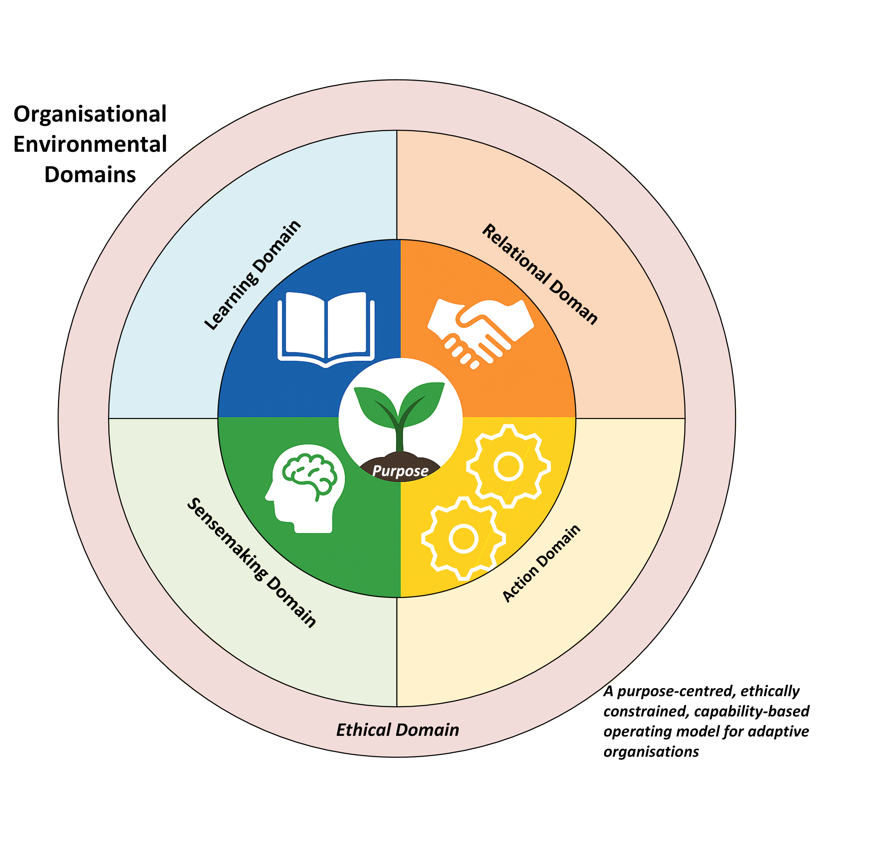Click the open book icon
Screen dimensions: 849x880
[326, 329]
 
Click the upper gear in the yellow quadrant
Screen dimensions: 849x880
[508, 466]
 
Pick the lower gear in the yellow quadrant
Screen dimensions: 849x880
[463, 538]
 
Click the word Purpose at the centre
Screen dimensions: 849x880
[400, 471]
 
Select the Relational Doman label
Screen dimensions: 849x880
[540, 274]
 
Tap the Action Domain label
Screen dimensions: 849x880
[541, 563]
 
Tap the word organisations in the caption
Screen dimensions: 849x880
[651, 752]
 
